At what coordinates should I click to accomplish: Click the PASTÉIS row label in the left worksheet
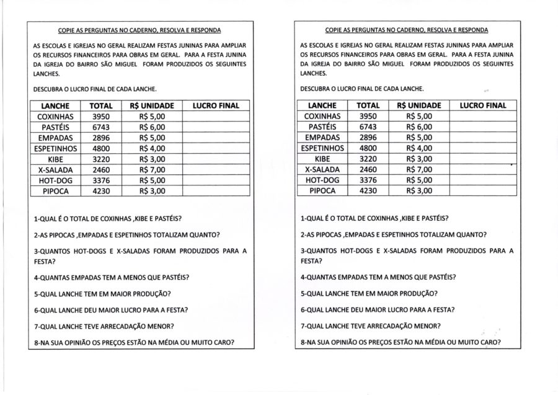coord(55,127)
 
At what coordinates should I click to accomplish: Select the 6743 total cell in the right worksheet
coord(368,127)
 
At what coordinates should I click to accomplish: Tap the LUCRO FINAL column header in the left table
coord(216,106)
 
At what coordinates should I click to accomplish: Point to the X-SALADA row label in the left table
coord(55,169)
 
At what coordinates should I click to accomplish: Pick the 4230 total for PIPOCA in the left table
coord(100,191)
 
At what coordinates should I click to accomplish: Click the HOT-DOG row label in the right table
coord(322,180)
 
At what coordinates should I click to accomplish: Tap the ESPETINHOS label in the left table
coord(55,148)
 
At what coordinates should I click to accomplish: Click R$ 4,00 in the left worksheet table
coord(153,148)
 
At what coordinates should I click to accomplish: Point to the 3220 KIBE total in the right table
coord(368,159)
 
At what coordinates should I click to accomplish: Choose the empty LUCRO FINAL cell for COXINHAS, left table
coord(216,117)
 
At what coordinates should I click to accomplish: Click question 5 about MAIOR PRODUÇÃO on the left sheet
coord(102,293)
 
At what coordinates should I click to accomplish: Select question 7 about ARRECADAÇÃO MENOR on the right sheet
coord(370,326)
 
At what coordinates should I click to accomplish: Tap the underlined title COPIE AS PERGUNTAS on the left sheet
coord(139,30)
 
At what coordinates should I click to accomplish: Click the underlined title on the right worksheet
coord(406,30)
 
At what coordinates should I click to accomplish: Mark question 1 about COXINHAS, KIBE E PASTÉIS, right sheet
coord(374,218)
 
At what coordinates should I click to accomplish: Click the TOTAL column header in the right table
coord(368,106)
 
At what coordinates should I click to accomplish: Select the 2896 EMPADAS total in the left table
coord(100,138)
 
